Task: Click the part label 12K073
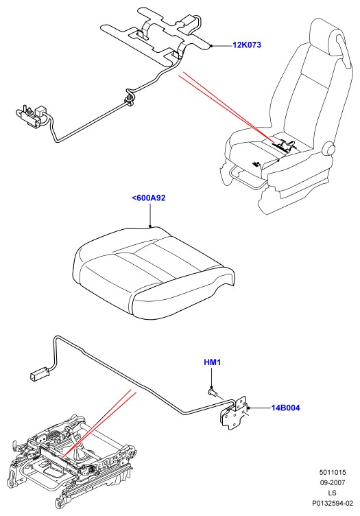coord(247,45)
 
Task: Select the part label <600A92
coord(149,198)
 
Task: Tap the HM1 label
coord(213,362)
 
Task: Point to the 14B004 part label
coord(286,408)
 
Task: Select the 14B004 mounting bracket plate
coord(236,412)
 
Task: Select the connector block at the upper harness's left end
coord(32,115)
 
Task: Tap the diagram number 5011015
coord(333,472)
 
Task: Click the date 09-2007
coord(333,482)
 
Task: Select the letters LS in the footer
coord(332,493)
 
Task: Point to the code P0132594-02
coord(333,503)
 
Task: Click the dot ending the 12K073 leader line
coord(212,46)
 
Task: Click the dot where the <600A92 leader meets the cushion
coord(150,226)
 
